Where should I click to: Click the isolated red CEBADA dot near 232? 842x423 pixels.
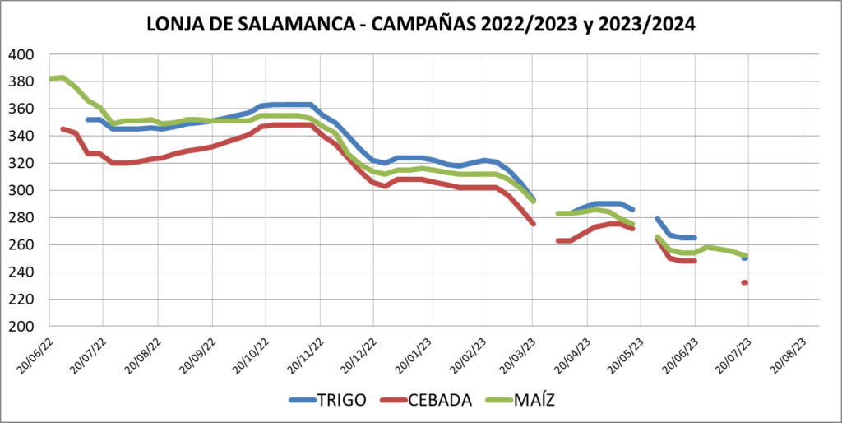[745, 282]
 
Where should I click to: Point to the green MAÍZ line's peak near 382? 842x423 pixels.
[62, 78]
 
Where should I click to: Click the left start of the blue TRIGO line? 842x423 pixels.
[88, 119]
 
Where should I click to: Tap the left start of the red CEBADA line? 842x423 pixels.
[62, 129]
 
